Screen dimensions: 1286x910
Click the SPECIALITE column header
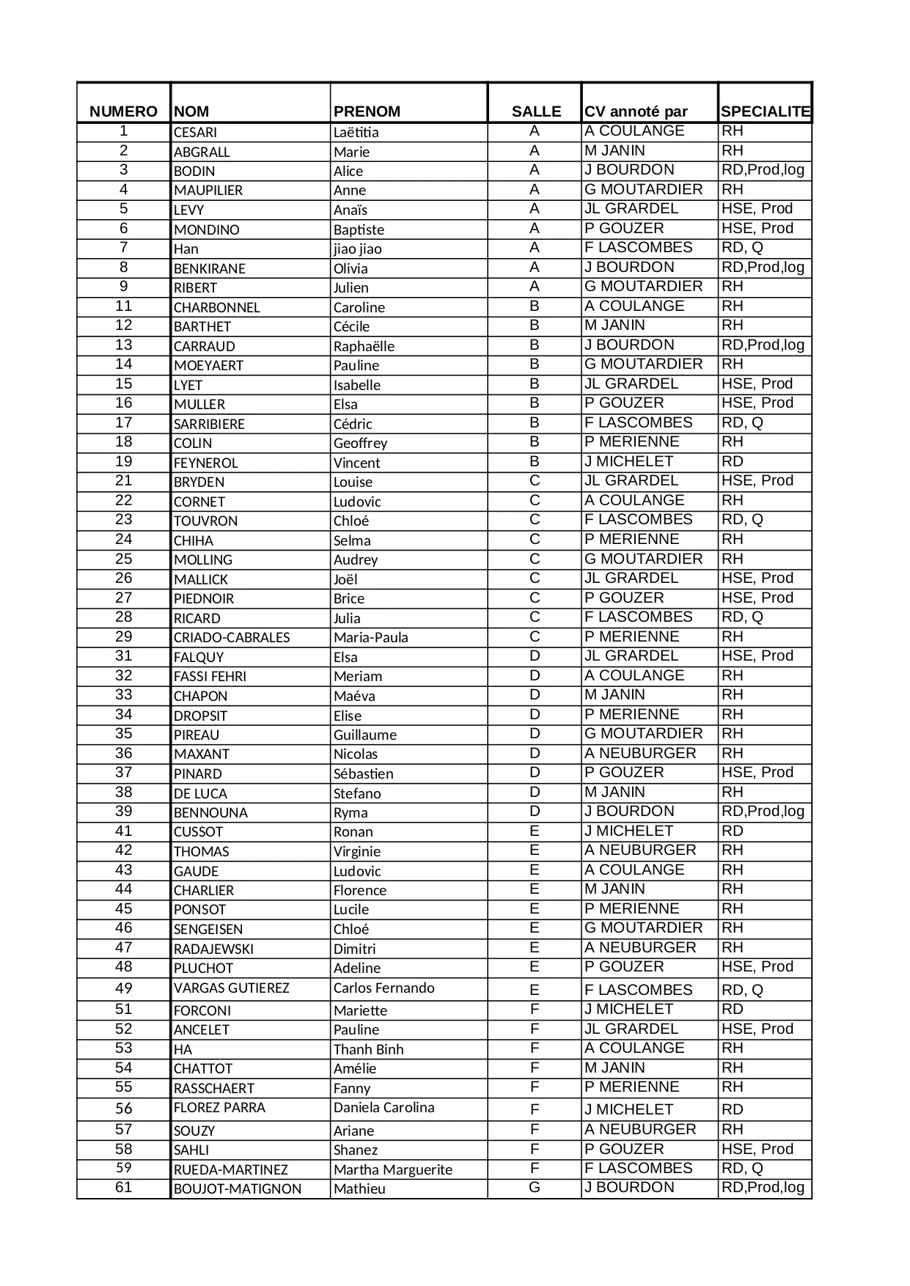pos(765,111)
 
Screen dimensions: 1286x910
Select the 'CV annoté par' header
pos(636,111)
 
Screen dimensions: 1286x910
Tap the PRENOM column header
pos(367,111)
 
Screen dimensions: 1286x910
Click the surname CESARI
pos(195,133)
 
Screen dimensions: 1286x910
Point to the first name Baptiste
pos(359,229)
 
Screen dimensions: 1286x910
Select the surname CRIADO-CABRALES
pos(232,638)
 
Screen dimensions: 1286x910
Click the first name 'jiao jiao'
pos(357,249)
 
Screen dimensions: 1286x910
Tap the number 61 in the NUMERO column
pos(123,1187)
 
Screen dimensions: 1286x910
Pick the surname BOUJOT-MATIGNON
pos(238,1188)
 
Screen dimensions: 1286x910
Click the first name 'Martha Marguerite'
pos(392,1169)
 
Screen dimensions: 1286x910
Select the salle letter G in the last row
pos(534,1187)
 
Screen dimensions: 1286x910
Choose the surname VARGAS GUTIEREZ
pos(231,988)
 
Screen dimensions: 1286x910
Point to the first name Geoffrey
pos(360,444)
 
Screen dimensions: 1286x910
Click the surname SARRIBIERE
pos(209,424)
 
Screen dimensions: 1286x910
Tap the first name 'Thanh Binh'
pos(368,1049)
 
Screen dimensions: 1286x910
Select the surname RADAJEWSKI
pos(213,949)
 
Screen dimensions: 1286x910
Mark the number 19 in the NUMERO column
pos(123,461)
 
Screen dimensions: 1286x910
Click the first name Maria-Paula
pos(370,638)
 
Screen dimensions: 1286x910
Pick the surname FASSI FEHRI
pos(210,677)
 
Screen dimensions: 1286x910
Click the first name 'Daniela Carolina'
pos(384,1108)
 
